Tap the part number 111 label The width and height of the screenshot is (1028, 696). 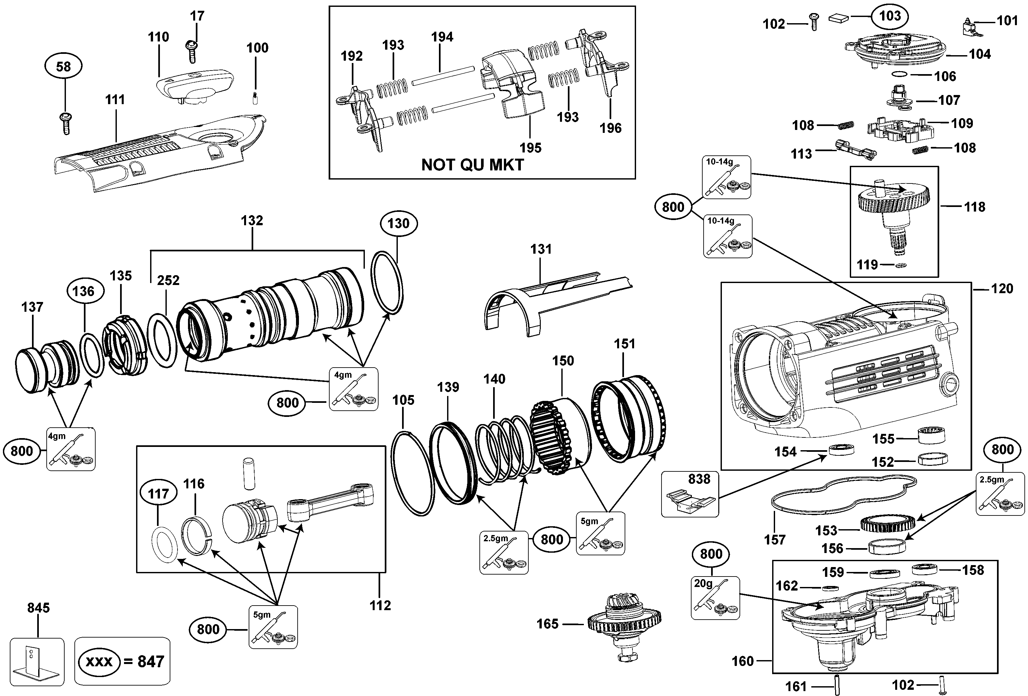(x=115, y=100)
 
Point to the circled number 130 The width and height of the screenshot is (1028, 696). (x=398, y=223)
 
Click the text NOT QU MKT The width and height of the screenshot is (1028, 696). (x=473, y=165)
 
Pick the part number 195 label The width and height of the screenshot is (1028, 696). (x=530, y=148)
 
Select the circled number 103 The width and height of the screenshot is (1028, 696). (x=890, y=16)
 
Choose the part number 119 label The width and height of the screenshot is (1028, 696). (x=867, y=265)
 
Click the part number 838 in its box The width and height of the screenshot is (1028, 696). (x=699, y=479)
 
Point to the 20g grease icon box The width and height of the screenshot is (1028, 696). (x=715, y=598)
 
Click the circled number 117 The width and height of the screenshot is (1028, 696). (x=158, y=494)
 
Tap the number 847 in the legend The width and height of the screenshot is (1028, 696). (x=150, y=661)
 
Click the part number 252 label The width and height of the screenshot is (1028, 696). (x=168, y=280)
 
